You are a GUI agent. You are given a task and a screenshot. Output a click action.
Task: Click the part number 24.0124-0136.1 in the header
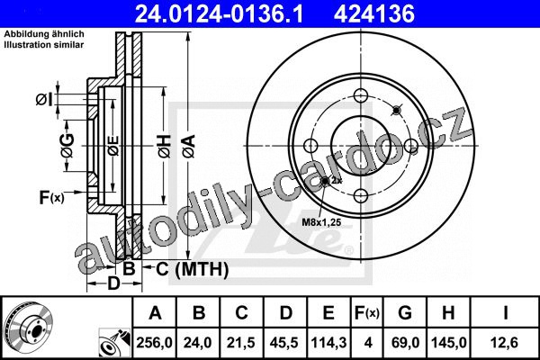tap(219, 13)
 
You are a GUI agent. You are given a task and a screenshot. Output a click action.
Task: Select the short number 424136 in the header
tap(374, 13)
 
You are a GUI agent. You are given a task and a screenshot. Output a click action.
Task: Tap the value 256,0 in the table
tap(154, 342)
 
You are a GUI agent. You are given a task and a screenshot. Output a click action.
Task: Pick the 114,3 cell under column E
tap(328, 342)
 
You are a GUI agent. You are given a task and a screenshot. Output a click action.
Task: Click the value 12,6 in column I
tap(505, 342)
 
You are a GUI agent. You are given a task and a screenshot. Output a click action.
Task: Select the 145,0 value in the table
tap(449, 342)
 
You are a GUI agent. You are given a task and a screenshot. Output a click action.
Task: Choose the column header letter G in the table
tap(405, 313)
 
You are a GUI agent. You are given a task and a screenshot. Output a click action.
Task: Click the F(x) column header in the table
tap(367, 313)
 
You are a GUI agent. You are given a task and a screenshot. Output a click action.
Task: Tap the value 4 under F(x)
tap(368, 342)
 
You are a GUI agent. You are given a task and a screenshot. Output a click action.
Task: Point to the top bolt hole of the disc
tap(361, 95)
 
